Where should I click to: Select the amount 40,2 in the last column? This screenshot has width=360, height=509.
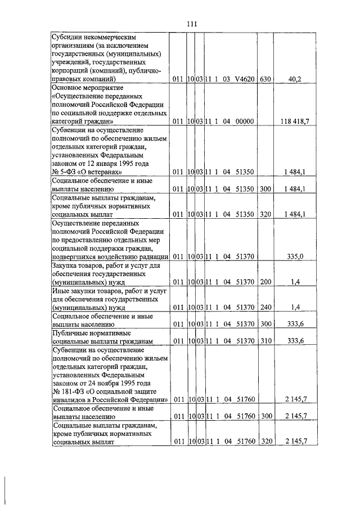(x=295, y=80)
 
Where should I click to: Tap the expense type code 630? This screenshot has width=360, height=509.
(x=265, y=80)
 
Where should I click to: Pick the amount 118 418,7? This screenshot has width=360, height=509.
(x=295, y=121)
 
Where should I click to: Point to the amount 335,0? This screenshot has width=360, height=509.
(x=295, y=256)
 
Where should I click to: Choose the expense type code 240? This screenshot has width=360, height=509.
(x=265, y=308)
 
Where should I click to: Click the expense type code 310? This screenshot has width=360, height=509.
(x=265, y=341)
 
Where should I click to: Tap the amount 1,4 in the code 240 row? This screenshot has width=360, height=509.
(x=295, y=308)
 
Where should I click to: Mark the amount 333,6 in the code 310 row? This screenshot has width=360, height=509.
(x=295, y=341)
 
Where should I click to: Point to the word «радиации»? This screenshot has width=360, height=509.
(x=151, y=256)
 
